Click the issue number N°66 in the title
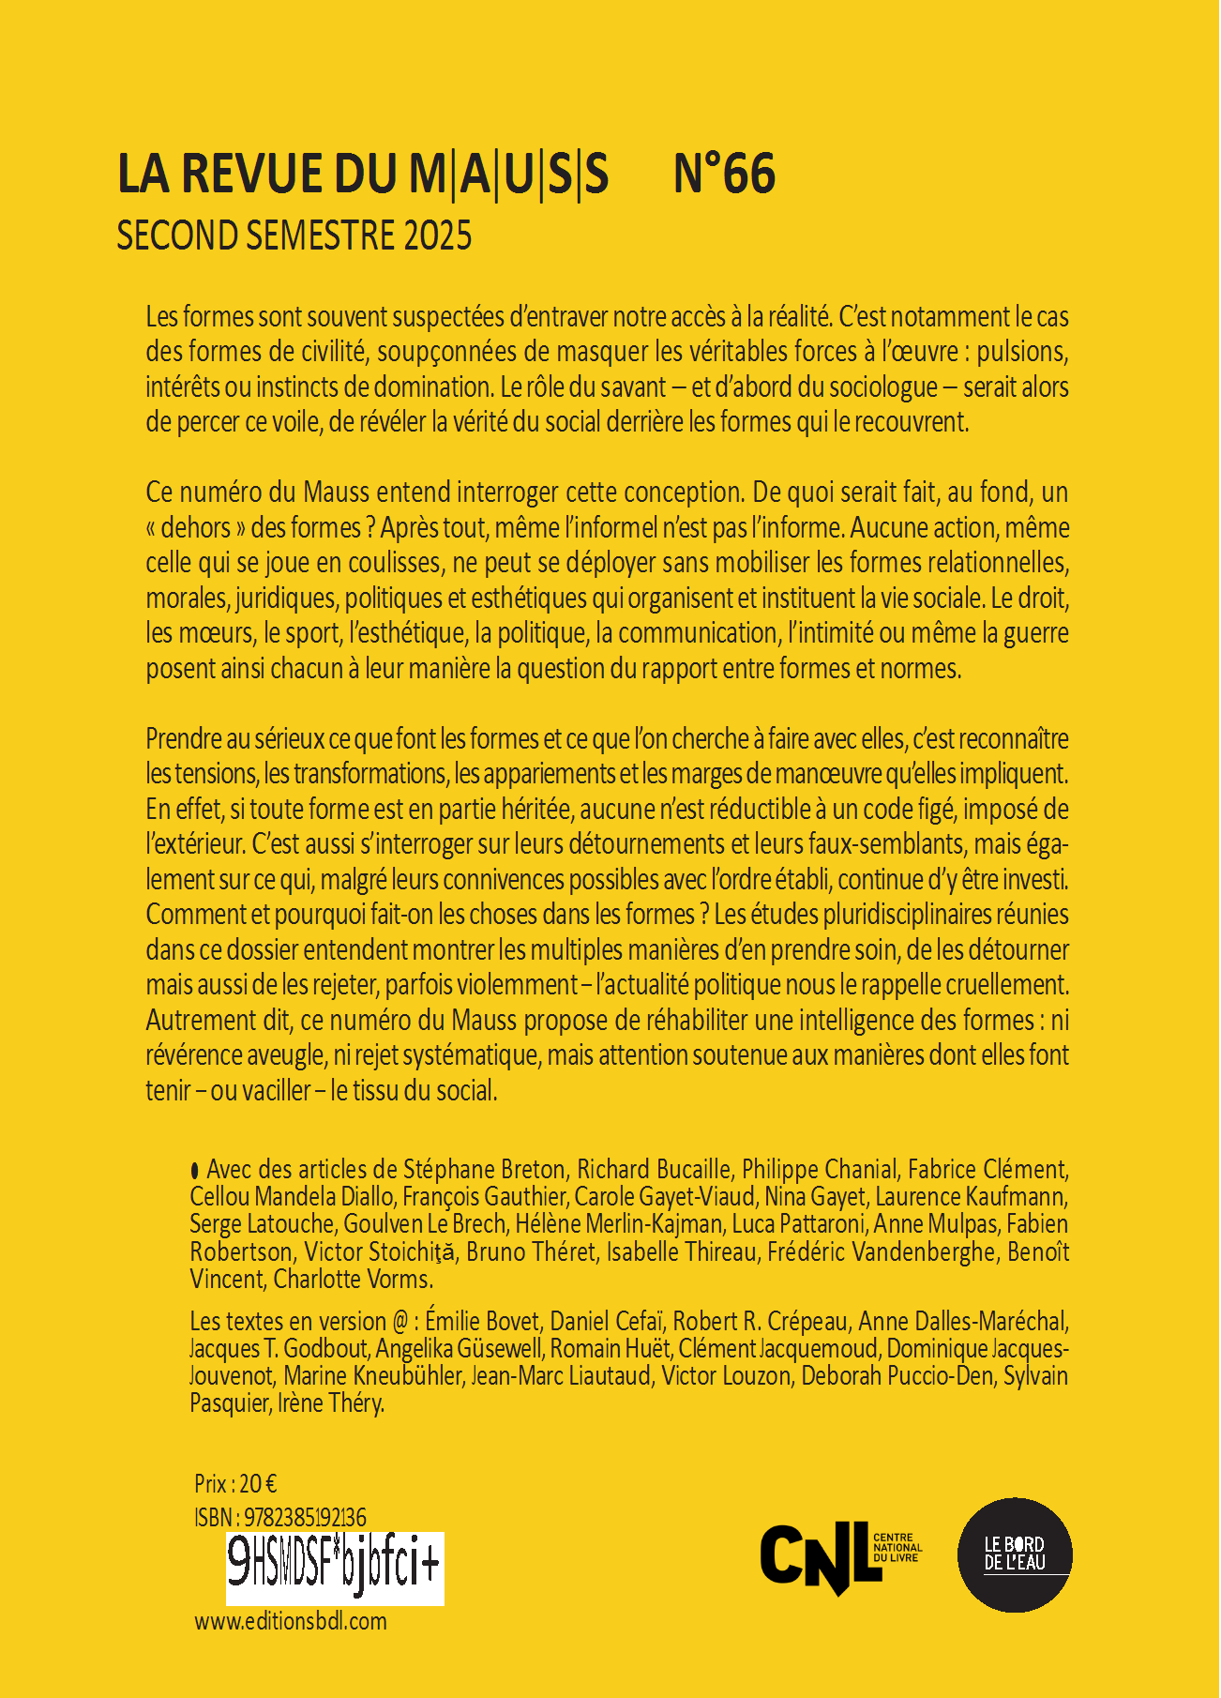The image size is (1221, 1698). [724, 174]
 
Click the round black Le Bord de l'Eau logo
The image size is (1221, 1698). [1014, 1554]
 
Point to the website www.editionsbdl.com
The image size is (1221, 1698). [291, 1621]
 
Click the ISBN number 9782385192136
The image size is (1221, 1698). [305, 1517]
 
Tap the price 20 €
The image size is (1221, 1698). [258, 1483]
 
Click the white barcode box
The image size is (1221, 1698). [335, 1569]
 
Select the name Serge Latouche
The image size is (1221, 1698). [262, 1224]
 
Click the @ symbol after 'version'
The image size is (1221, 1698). [400, 1322]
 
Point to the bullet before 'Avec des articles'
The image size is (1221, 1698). [195, 1170]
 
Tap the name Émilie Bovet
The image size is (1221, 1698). [482, 1322]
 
